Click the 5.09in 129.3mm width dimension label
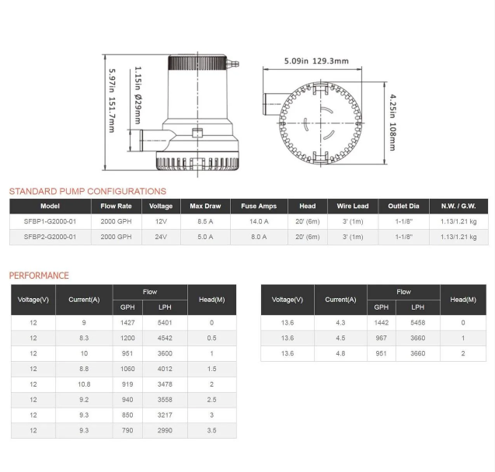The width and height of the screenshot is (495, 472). tap(316, 61)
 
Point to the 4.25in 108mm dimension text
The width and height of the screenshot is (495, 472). tap(392, 123)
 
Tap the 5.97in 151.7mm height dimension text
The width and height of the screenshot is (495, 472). tap(112, 101)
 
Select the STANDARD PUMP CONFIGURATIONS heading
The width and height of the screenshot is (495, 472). tap(88, 192)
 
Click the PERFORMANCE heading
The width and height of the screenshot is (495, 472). tap(39, 276)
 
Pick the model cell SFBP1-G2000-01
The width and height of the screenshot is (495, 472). tap(51, 221)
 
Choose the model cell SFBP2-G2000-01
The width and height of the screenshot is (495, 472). tap(51, 237)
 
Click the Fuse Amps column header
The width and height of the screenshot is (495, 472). tap(259, 206)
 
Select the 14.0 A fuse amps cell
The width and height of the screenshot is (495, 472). tap(259, 221)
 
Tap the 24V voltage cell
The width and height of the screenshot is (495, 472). tap(161, 237)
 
